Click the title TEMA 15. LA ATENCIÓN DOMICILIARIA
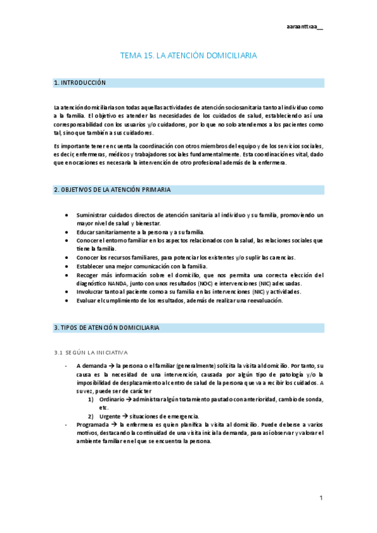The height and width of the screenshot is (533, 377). (188, 56)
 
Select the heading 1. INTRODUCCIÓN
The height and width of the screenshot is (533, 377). (80, 83)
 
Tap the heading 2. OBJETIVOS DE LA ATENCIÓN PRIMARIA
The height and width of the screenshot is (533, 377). (112, 190)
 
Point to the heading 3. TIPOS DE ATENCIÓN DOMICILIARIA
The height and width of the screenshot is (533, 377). (107, 328)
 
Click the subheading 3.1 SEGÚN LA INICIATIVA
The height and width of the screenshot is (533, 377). (91, 352)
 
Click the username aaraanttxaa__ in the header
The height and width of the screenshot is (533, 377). (304, 27)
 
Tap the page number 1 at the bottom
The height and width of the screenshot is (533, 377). (321, 498)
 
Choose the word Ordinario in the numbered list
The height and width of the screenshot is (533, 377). (112, 399)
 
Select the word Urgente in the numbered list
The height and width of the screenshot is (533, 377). (110, 416)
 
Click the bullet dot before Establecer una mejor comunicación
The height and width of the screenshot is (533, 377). (67, 266)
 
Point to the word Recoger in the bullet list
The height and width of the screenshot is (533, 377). (88, 275)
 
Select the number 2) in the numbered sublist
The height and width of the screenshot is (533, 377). (91, 416)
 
